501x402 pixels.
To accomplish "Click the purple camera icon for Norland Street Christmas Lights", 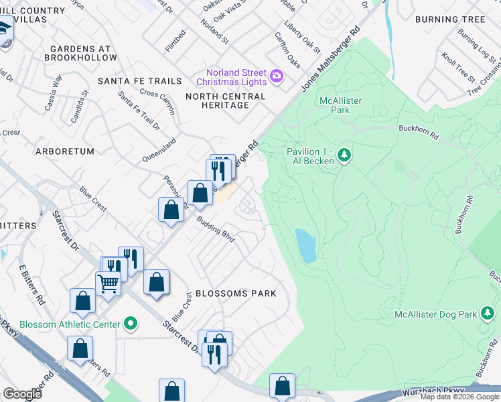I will pyautogui.click(x=276, y=77).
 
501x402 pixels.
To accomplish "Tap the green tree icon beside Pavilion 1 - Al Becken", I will pyautogui.click(x=344, y=155).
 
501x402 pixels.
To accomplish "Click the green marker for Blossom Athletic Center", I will pyautogui.click(x=131, y=324).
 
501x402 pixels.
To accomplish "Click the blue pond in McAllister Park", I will pyautogui.click(x=305, y=246).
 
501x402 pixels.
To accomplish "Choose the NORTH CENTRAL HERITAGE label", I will pyautogui.click(x=225, y=101).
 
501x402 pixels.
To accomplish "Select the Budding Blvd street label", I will pyautogui.click(x=215, y=231).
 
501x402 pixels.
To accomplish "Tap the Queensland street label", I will pyautogui.click(x=159, y=150).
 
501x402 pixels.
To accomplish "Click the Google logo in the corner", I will pyautogui.click(x=22, y=393).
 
